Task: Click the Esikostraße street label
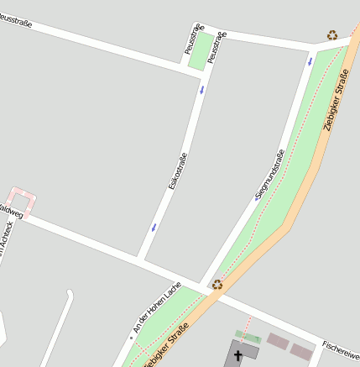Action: (177, 170)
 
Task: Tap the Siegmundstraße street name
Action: (270, 176)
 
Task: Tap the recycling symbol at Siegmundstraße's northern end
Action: (332, 35)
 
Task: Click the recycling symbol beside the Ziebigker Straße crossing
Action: (217, 285)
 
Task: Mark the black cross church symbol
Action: (237, 355)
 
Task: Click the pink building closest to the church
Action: (277, 341)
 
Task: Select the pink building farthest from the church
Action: (301, 351)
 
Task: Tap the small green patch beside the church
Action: (248, 337)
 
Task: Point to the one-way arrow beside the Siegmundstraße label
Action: (257, 198)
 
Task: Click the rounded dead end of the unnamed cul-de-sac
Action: (69, 296)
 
